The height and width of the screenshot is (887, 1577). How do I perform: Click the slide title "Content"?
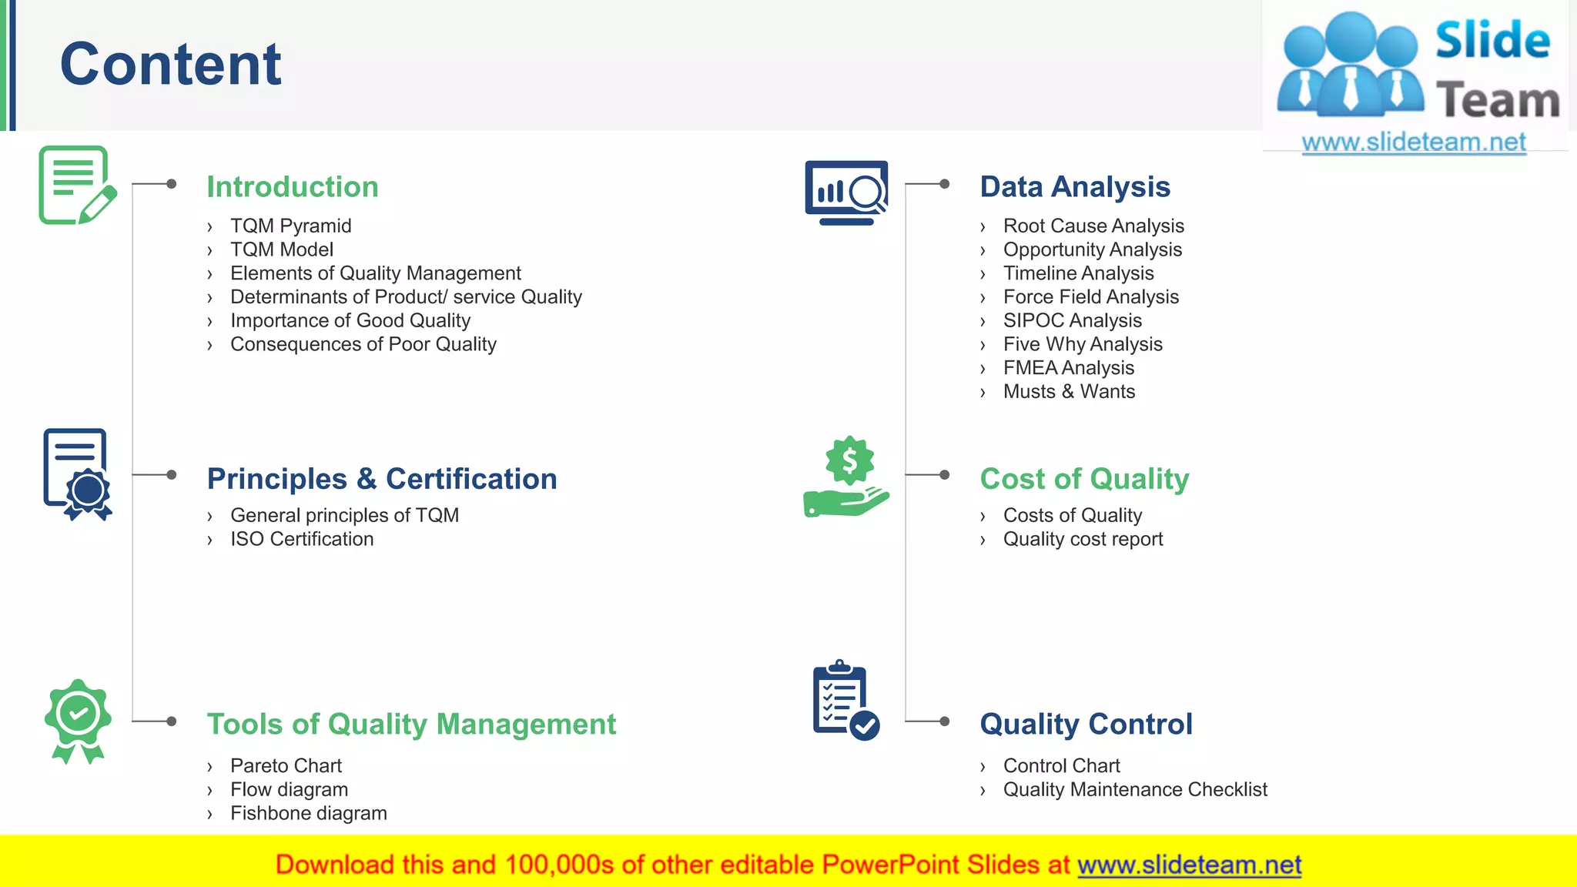coord(170,65)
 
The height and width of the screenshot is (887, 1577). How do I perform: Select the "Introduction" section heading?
coord(293,187)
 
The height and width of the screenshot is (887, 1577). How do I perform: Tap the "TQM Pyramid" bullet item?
coord(290,226)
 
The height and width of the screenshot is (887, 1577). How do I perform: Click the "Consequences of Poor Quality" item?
coord(363,344)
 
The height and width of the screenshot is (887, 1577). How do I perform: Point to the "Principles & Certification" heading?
coord(382,479)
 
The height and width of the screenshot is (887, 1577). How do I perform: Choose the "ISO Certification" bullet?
coord(302,539)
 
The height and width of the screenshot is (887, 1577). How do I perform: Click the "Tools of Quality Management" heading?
coord(411,725)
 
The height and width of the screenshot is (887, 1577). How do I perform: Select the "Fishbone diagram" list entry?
coord(308,813)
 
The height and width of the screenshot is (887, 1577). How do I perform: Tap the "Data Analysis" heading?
coord(1075,187)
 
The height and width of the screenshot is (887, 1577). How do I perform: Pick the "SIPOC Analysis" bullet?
coord(1072,320)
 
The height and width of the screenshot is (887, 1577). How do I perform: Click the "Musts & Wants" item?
coord(1069,392)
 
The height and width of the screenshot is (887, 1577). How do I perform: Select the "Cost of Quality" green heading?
coord(1084,479)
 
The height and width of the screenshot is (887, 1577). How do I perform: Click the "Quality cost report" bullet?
coord(1083,539)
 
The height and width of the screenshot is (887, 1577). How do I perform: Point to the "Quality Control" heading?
coord(1086,725)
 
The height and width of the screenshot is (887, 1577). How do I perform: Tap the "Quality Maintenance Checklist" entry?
coord(1135,789)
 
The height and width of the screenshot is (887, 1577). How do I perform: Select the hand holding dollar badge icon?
coord(846,477)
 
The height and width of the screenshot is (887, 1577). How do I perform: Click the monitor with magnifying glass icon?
coord(846,192)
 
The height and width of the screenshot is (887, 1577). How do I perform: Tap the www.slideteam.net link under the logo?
coord(1414,142)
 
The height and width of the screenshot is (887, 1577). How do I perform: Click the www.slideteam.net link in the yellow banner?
coord(1189,865)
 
